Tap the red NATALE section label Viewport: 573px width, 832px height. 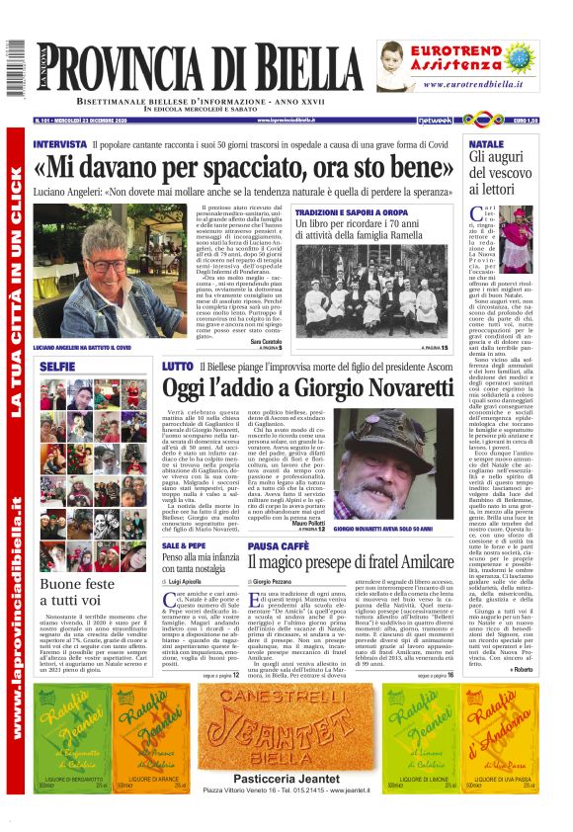(x=485, y=144)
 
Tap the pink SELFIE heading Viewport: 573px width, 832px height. (x=57, y=366)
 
